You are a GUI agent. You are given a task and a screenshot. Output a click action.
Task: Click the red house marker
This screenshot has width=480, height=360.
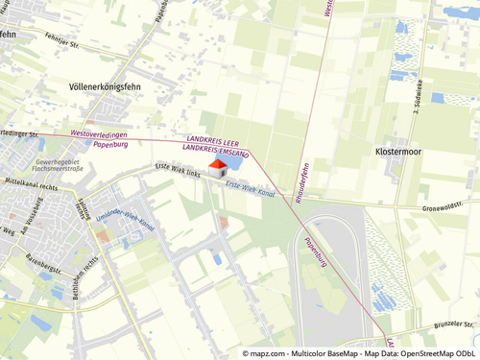click(217, 168)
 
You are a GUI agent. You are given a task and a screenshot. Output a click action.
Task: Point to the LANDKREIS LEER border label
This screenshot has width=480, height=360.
click(214, 141)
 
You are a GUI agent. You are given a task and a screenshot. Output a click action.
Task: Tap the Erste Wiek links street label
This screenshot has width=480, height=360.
click(178, 170)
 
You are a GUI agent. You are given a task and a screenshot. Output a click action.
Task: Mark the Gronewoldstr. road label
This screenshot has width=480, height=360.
click(449, 205)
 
